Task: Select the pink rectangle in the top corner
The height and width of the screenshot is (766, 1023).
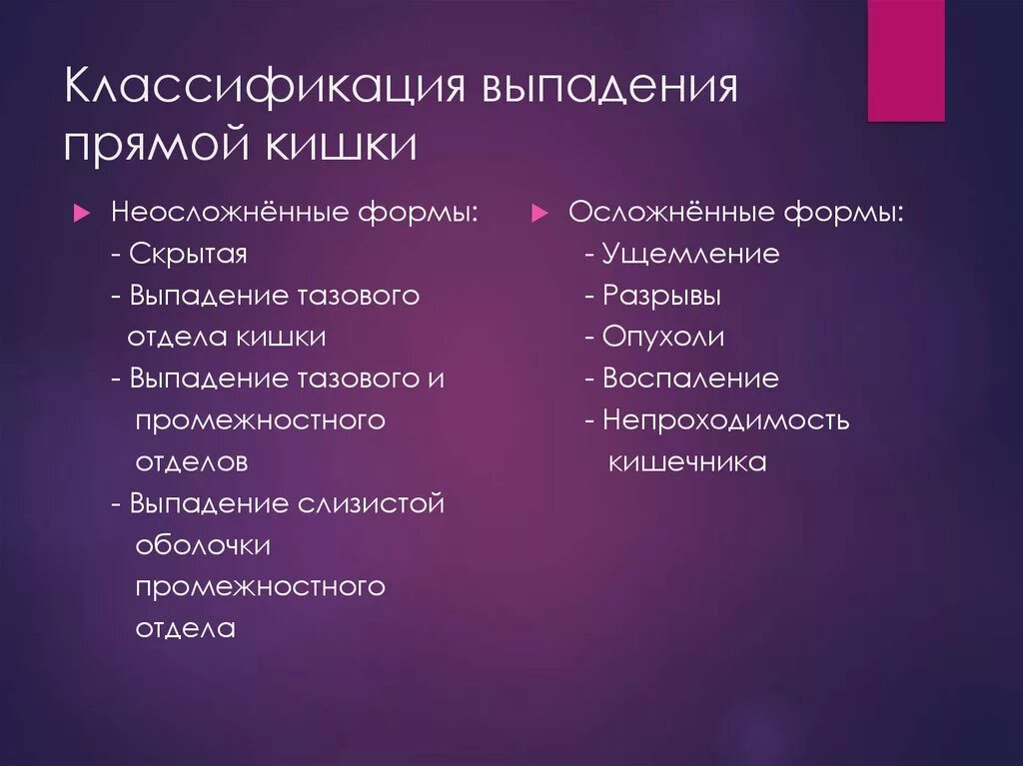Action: [905, 60]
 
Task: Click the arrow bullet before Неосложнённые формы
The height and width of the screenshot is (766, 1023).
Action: [84, 213]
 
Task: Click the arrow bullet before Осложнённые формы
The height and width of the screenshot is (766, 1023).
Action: [539, 213]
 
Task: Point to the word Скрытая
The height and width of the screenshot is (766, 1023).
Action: [188, 254]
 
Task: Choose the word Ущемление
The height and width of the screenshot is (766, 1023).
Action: [690, 254]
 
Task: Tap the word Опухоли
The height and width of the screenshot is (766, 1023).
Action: [663, 338]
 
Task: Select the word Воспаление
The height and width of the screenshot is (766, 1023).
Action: [690, 379]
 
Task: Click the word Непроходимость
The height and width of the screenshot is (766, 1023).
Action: [725, 420]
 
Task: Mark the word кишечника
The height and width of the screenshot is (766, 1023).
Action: [687, 462]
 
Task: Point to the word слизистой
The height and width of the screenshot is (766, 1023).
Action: [371, 503]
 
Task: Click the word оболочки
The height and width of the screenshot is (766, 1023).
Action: [203, 545]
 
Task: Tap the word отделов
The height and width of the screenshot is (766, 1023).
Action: [191, 462]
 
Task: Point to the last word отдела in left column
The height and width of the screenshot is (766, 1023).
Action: [185, 628]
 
